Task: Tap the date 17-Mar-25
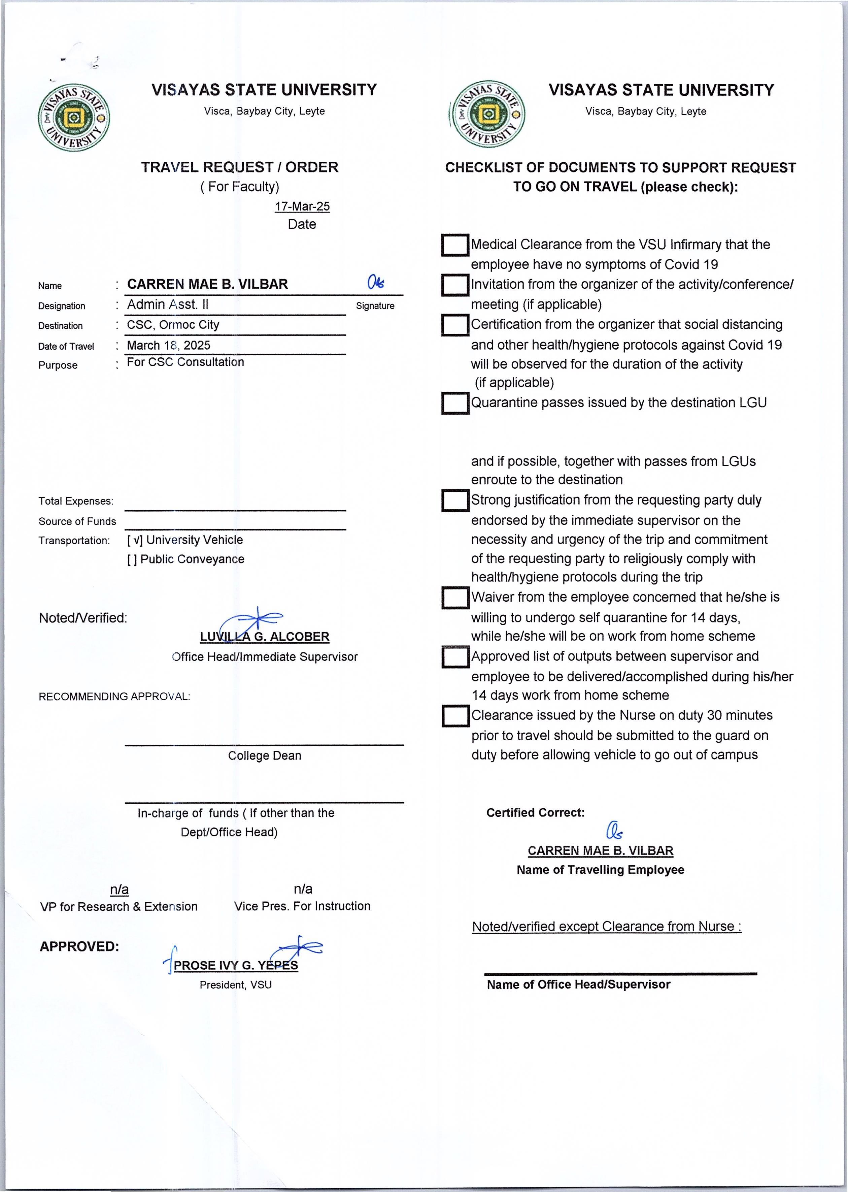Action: (302, 206)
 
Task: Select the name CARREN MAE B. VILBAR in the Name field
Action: (207, 284)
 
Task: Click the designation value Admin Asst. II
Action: (168, 304)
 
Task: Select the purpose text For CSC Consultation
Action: (185, 362)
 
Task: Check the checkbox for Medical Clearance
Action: (455, 245)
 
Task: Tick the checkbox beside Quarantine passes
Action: (455, 403)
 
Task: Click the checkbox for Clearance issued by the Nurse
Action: (455, 716)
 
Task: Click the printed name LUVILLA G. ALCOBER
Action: (264, 637)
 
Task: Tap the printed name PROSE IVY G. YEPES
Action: (236, 965)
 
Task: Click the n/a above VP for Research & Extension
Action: (119, 890)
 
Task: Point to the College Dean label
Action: (264, 756)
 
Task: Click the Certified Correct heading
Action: (535, 813)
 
